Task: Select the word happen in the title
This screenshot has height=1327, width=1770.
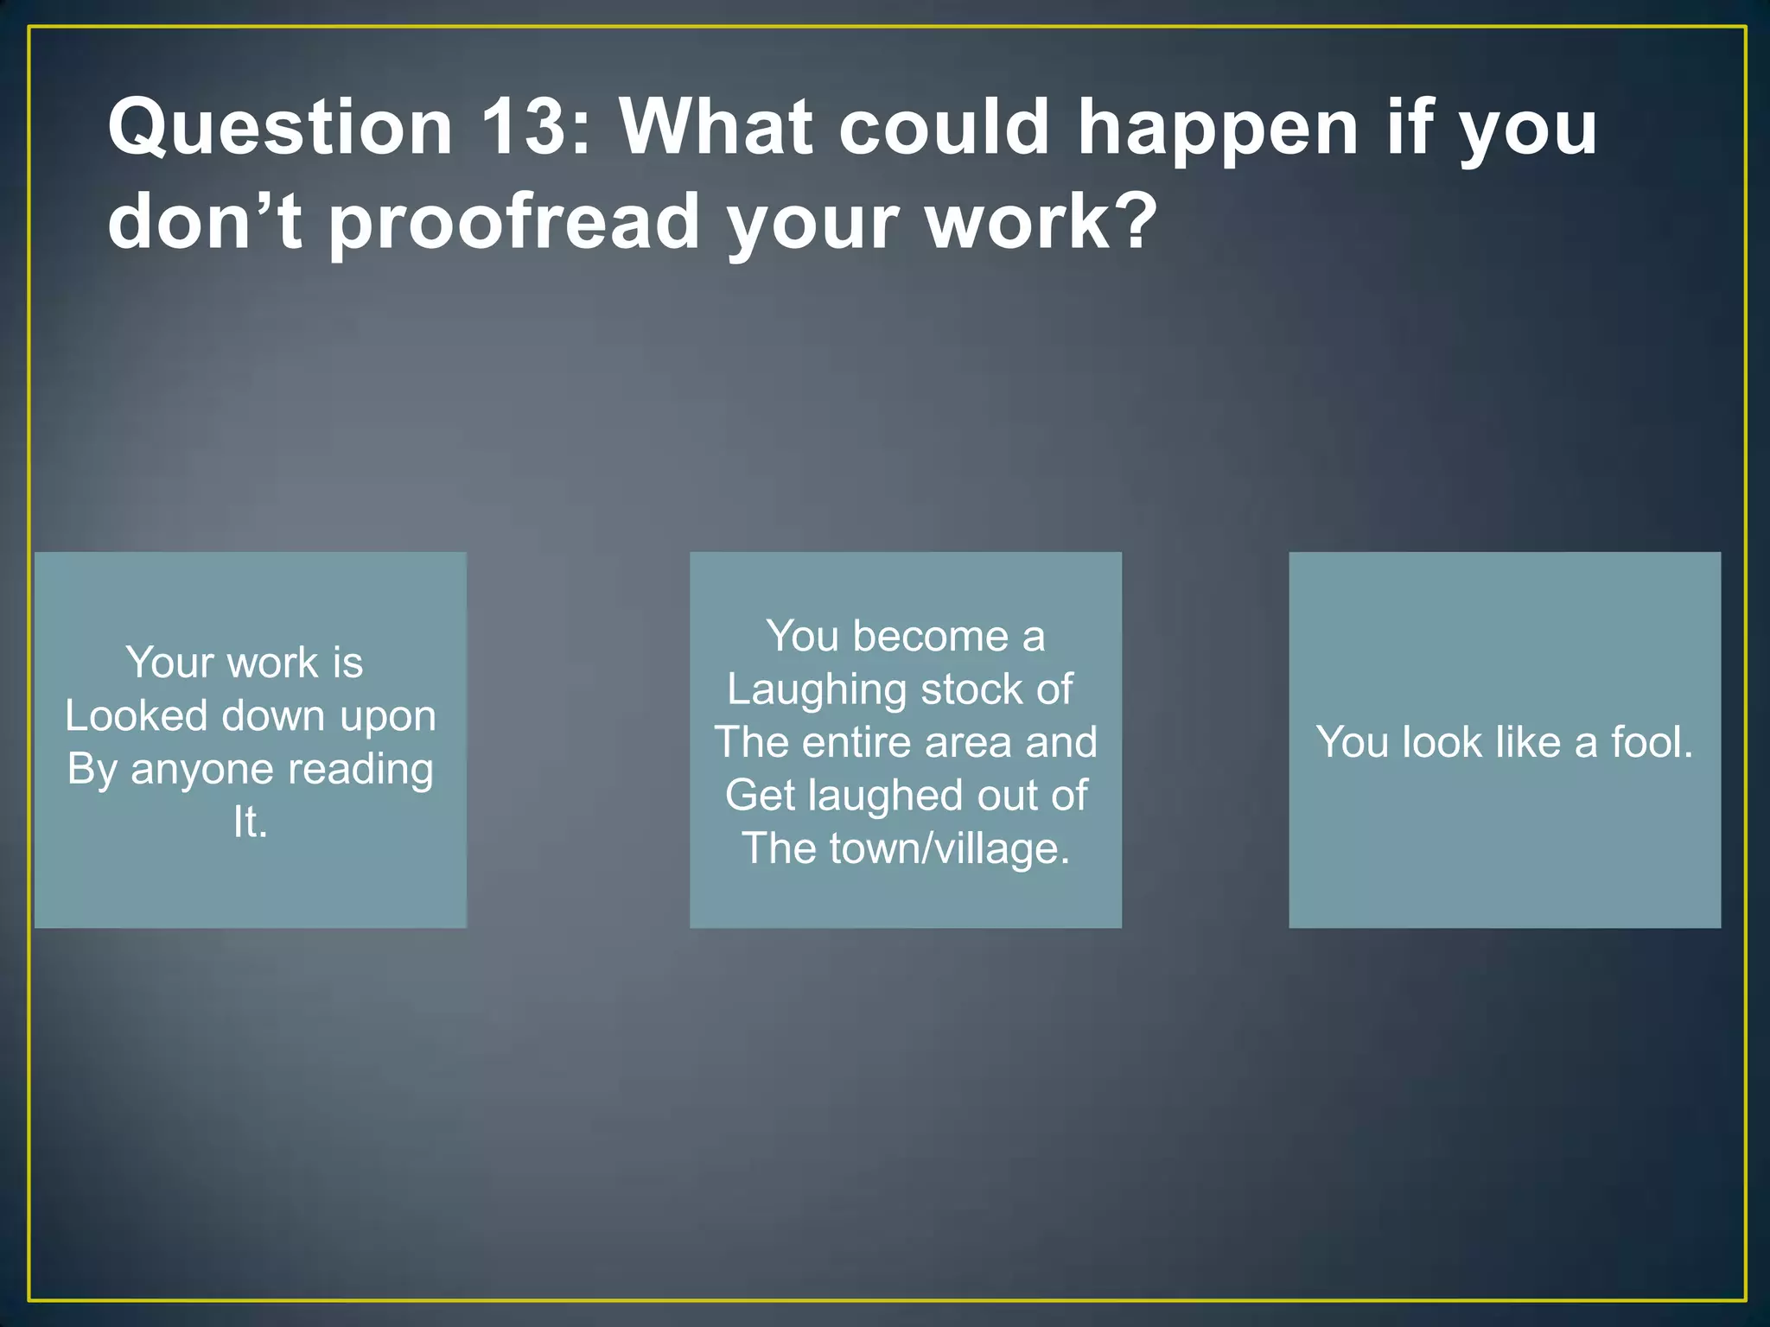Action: (x=1218, y=128)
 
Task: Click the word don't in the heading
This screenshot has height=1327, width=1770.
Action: (x=205, y=220)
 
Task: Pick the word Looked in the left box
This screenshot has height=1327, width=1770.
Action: (x=137, y=716)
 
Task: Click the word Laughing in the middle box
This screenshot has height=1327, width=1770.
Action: (x=817, y=690)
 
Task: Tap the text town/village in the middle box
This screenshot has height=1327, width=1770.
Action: (x=949, y=848)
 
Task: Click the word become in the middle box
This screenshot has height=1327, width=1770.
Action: (x=930, y=637)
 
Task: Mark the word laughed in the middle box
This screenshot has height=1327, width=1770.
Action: (x=882, y=796)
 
